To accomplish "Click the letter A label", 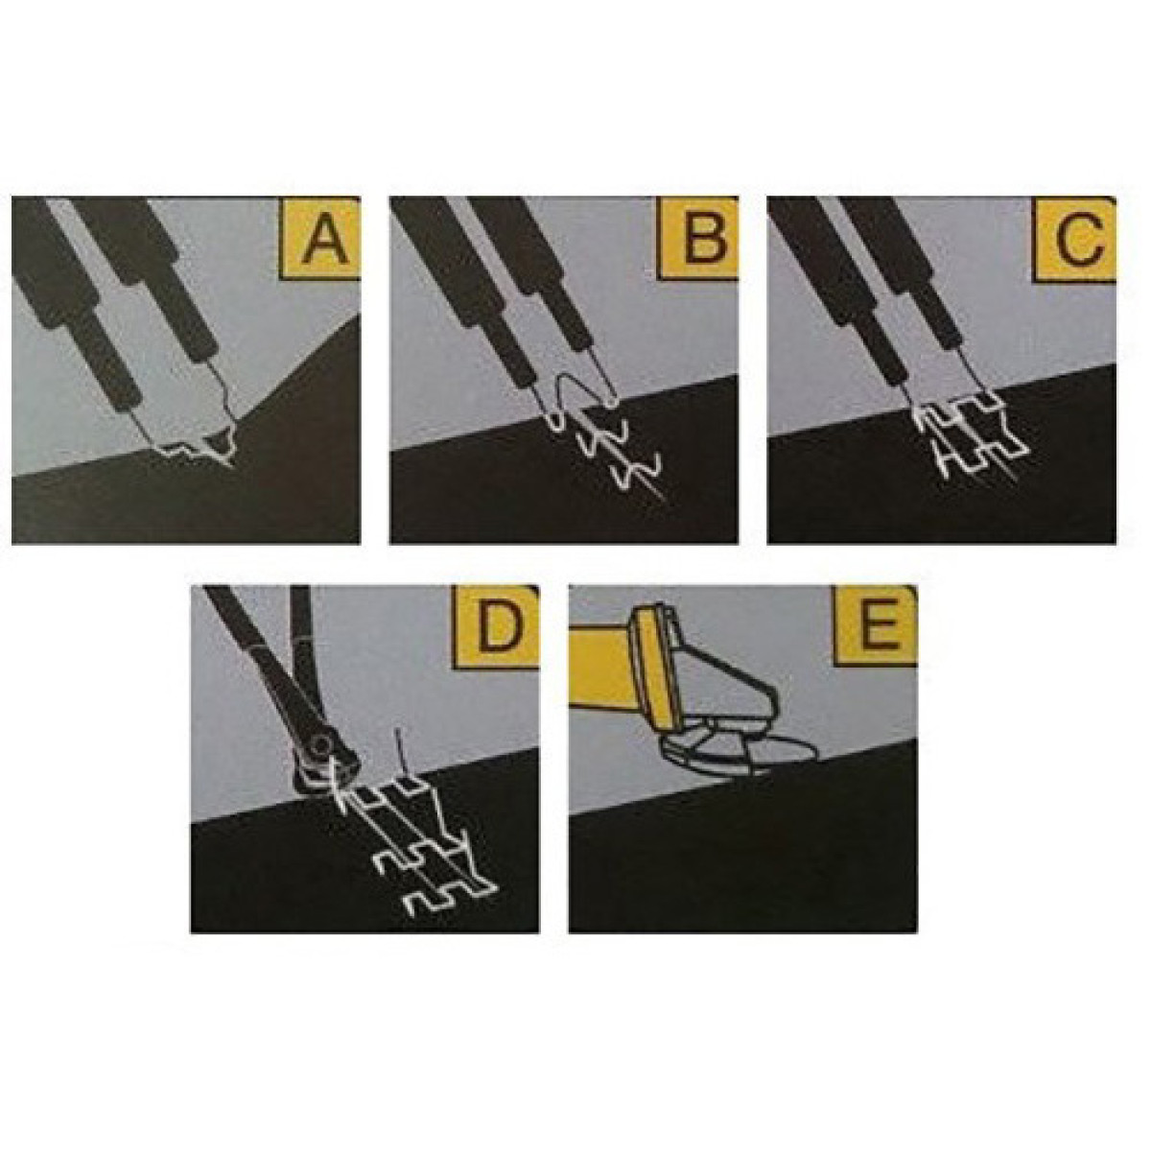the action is click(x=320, y=239).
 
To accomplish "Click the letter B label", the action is click(x=700, y=239).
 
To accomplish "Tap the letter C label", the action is click(x=1078, y=239).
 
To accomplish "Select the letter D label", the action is click(x=498, y=627).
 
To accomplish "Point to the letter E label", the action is click(x=877, y=626).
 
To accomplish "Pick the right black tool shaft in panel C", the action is click(x=896, y=281).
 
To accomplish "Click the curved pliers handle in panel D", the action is click(x=305, y=657).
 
